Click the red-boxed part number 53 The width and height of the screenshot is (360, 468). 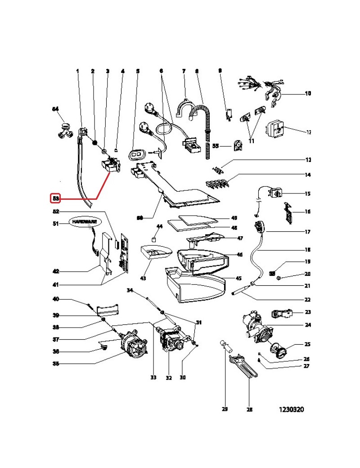[x=55, y=198]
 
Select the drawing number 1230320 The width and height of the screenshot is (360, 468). [x=291, y=410]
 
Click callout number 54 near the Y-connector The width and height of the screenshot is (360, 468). [x=55, y=109]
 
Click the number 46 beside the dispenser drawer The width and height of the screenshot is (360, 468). [x=239, y=255]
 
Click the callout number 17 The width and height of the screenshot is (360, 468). [x=308, y=232]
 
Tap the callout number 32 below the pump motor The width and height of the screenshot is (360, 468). [x=168, y=378]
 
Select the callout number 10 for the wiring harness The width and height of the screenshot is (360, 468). [x=308, y=94]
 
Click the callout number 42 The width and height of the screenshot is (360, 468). [x=55, y=271]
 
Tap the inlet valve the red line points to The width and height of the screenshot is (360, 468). [x=110, y=166]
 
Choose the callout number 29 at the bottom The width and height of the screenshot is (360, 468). [x=225, y=409]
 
